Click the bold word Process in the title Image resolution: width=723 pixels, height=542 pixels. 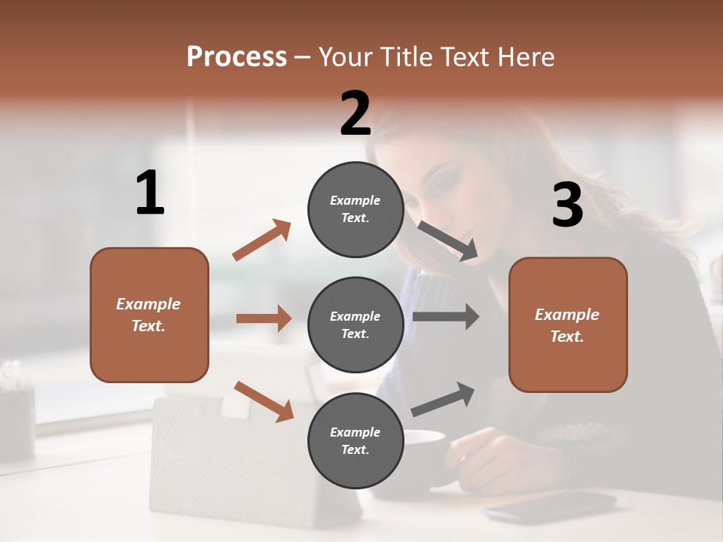(x=236, y=56)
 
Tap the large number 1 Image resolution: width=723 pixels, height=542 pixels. (x=150, y=193)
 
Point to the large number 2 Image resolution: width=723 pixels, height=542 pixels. (x=355, y=113)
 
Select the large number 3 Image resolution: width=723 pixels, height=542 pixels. (x=568, y=205)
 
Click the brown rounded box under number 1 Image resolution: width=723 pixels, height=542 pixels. (x=149, y=315)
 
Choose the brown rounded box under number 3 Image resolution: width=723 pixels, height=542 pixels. (x=568, y=324)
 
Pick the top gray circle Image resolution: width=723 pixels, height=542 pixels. (x=355, y=209)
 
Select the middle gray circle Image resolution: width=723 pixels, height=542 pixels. (x=355, y=324)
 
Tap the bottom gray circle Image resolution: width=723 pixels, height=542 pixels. (x=355, y=440)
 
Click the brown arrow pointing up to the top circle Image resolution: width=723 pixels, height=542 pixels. (x=261, y=240)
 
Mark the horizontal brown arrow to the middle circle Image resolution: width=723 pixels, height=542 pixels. (x=264, y=318)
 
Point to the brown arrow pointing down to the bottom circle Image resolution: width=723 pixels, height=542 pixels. (x=264, y=401)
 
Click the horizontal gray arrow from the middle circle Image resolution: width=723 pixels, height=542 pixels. (x=446, y=316)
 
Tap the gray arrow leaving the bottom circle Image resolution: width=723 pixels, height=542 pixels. (x=444, y=399)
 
